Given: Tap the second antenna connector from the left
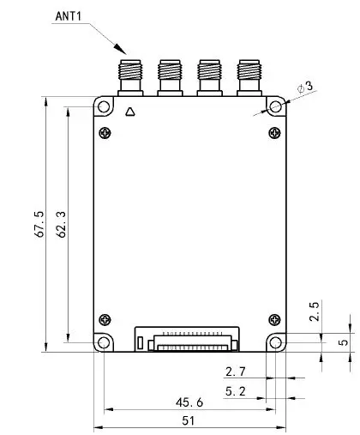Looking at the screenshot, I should click(169, 76).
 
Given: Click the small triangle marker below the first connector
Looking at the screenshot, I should click(129, 111).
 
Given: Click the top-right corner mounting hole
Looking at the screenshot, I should click(275, 106).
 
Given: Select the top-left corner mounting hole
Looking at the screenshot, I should click(104, 106).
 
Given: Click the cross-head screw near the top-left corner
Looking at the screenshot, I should click(105, 132).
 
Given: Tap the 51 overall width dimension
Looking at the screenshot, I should click(189, 420).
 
